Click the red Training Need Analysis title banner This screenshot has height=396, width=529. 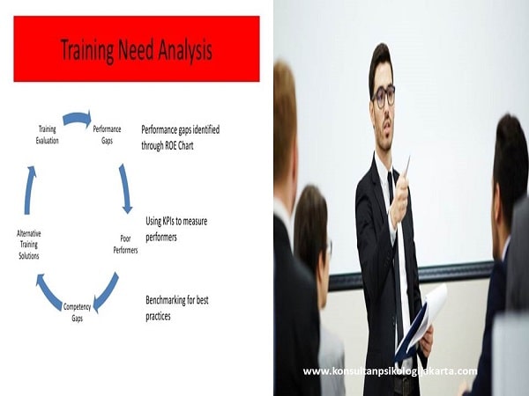click(x=137, y=48)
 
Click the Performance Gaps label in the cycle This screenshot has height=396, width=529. click(x=107, y=134)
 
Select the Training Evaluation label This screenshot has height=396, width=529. click(x=48, y=134)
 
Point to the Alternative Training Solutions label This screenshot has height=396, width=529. click(x=28, y=244)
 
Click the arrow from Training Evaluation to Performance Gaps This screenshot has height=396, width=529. click(x=77, y=118)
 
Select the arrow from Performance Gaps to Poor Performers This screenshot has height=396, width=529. click(x=125, y=187)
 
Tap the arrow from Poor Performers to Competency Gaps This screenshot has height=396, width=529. click(x=106, y=290)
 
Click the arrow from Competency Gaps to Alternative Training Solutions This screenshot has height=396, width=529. click(x=48, y=290)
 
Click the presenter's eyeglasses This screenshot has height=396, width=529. click(x=384, y=95)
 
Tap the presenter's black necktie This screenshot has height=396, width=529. click(x=391, y=202)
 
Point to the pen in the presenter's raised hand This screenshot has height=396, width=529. click(x=406, y=169)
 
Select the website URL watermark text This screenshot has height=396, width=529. click(x=390, y=371)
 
